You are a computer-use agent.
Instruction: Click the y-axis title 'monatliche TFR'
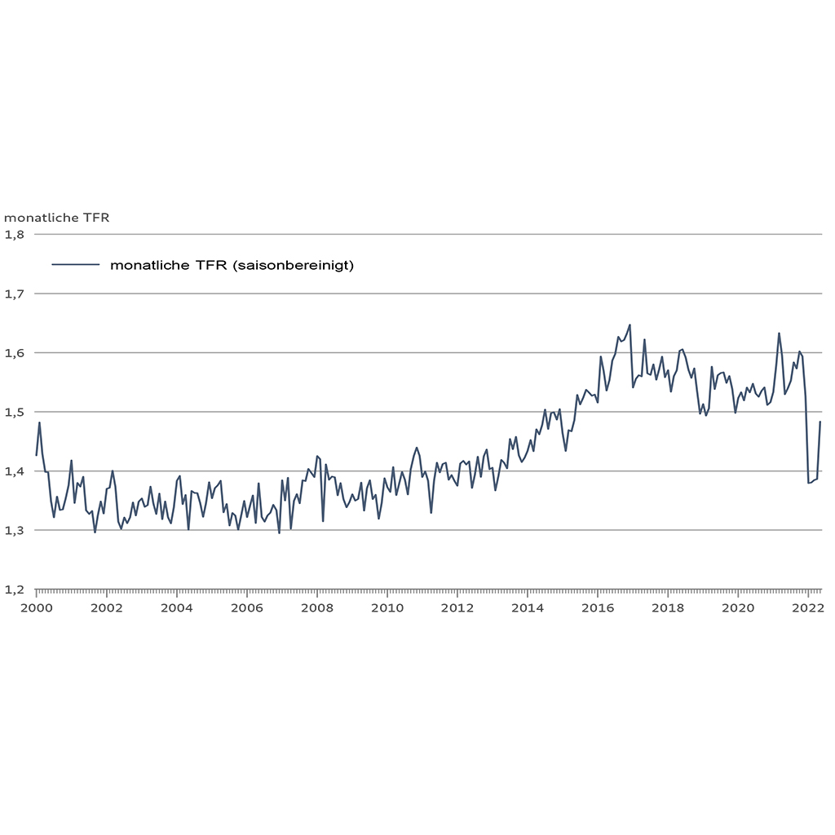[x=57, y=218]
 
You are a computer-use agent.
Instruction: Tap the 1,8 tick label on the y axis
[x=16, y=235]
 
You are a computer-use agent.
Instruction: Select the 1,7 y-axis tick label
[x=16, y=294]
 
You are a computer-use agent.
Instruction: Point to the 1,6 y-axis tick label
[x=16, y=353]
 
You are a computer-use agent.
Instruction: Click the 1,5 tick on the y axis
[x=16, y=413]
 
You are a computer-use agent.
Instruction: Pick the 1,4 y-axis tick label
[x=16, y=471]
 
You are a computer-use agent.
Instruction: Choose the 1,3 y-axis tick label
[x=16, y=531]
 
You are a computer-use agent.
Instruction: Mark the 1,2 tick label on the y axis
[x=16, y=590]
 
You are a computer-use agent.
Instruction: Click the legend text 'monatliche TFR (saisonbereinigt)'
[x=232, y=265]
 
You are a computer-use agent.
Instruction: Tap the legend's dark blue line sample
[x=75, y=265]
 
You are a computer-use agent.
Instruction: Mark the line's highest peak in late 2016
[x=630, y=325]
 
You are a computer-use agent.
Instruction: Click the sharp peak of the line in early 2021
[x=779, y=333]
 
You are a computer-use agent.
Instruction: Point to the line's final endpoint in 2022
[x=820, y=422]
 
